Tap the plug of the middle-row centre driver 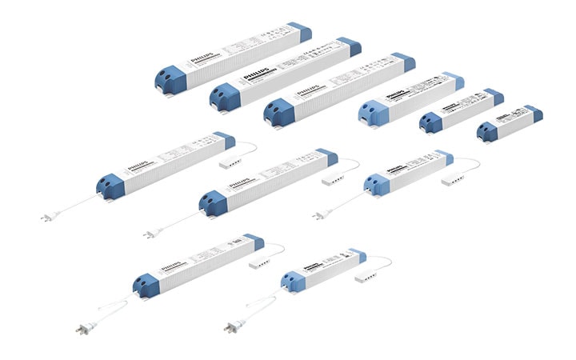(150, 234)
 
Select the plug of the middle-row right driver (319, 214)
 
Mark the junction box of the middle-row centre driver (330, 180)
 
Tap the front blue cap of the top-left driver (171, 78)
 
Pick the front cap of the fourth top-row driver (372, 112)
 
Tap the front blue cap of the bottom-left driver (146, 282)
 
